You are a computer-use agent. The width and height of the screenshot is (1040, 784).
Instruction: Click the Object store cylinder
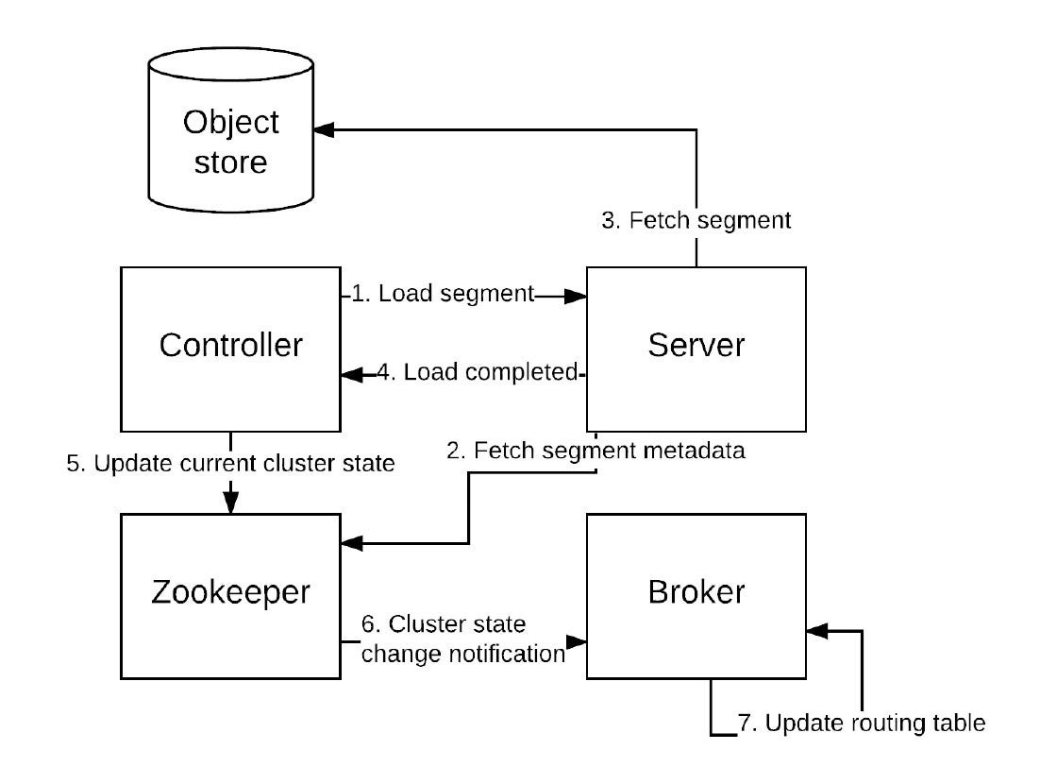pyautogui.click(x=231, y=130)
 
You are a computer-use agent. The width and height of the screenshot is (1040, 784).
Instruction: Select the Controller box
pyautogui.click(x=231, y=349)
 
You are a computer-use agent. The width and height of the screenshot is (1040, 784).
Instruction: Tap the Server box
pyautogui.click(x=696, y=349)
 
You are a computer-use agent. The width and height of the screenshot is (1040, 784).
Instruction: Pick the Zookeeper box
pyautogui.click(x=231, y=596)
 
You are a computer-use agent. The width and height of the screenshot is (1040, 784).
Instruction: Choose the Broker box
pyautogui.click(x=696, y=596)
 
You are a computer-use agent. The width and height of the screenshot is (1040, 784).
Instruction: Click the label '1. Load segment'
pyautogui.click(x=443, y=294)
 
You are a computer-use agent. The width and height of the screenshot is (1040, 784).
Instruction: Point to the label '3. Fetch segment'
pyautogui.click(x=696, y=220)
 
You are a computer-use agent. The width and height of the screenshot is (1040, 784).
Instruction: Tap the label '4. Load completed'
pyautogui.click(x=478, y=372)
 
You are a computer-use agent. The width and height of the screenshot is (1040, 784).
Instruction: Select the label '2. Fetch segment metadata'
pyautogui.click(x=595, y=451)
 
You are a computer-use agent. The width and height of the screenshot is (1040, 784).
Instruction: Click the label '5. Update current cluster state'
pyautogui.click(x=231, y=464)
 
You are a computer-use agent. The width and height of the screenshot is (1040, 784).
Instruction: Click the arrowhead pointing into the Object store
pyautogui.click(x=324, y=130)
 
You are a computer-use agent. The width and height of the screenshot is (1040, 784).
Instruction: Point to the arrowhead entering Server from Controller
pyautogui.click(x=576, y=296)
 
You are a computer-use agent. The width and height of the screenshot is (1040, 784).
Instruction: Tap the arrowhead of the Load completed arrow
pyautogui.click(x=352, y=375)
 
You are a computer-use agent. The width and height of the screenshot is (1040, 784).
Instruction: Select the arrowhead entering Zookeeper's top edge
pyautogui.click(x=231, y=503)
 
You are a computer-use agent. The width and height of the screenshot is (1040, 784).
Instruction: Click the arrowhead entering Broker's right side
pyautogui.click(x=818, y=631)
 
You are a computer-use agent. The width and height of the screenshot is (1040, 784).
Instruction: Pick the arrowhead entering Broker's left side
pyautogui.click(x=576, y=642)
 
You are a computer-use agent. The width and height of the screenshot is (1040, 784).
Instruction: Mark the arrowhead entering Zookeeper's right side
pyautogui.click(x=352, y=544)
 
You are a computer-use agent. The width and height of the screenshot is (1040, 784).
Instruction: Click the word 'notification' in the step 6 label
pyautogui.click(x=502, y=654)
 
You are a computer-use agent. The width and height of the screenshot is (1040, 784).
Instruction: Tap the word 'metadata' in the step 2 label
pyautogui.click(x=695, y=451)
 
